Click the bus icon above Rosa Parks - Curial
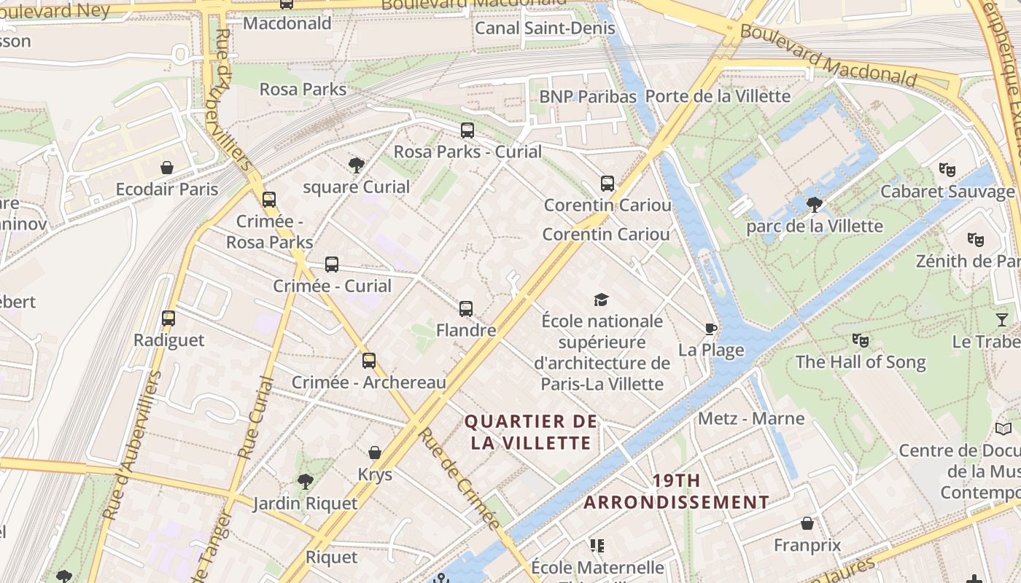pos(467,130)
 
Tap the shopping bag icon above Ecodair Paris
pos(167,168)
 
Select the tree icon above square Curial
pos(357,165)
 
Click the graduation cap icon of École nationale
pos(602,300)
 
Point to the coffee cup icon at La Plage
pos(711,328)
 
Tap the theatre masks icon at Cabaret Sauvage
pos(947,170)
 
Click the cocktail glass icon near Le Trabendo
pos(1002,319)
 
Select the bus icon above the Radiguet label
pos(168,318)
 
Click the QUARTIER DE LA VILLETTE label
pos(531,432)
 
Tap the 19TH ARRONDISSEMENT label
pos(676,491)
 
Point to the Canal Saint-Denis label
pos(545,28)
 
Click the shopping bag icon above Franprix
pos(807,523)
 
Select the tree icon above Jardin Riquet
pos(305,481)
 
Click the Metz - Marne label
pos(751,418)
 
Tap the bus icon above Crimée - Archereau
pos(369,360)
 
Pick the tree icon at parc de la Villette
pos(815,204)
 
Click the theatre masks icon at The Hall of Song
pos(861,340)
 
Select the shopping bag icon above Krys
pos(375,453)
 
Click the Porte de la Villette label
pos(718,96)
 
